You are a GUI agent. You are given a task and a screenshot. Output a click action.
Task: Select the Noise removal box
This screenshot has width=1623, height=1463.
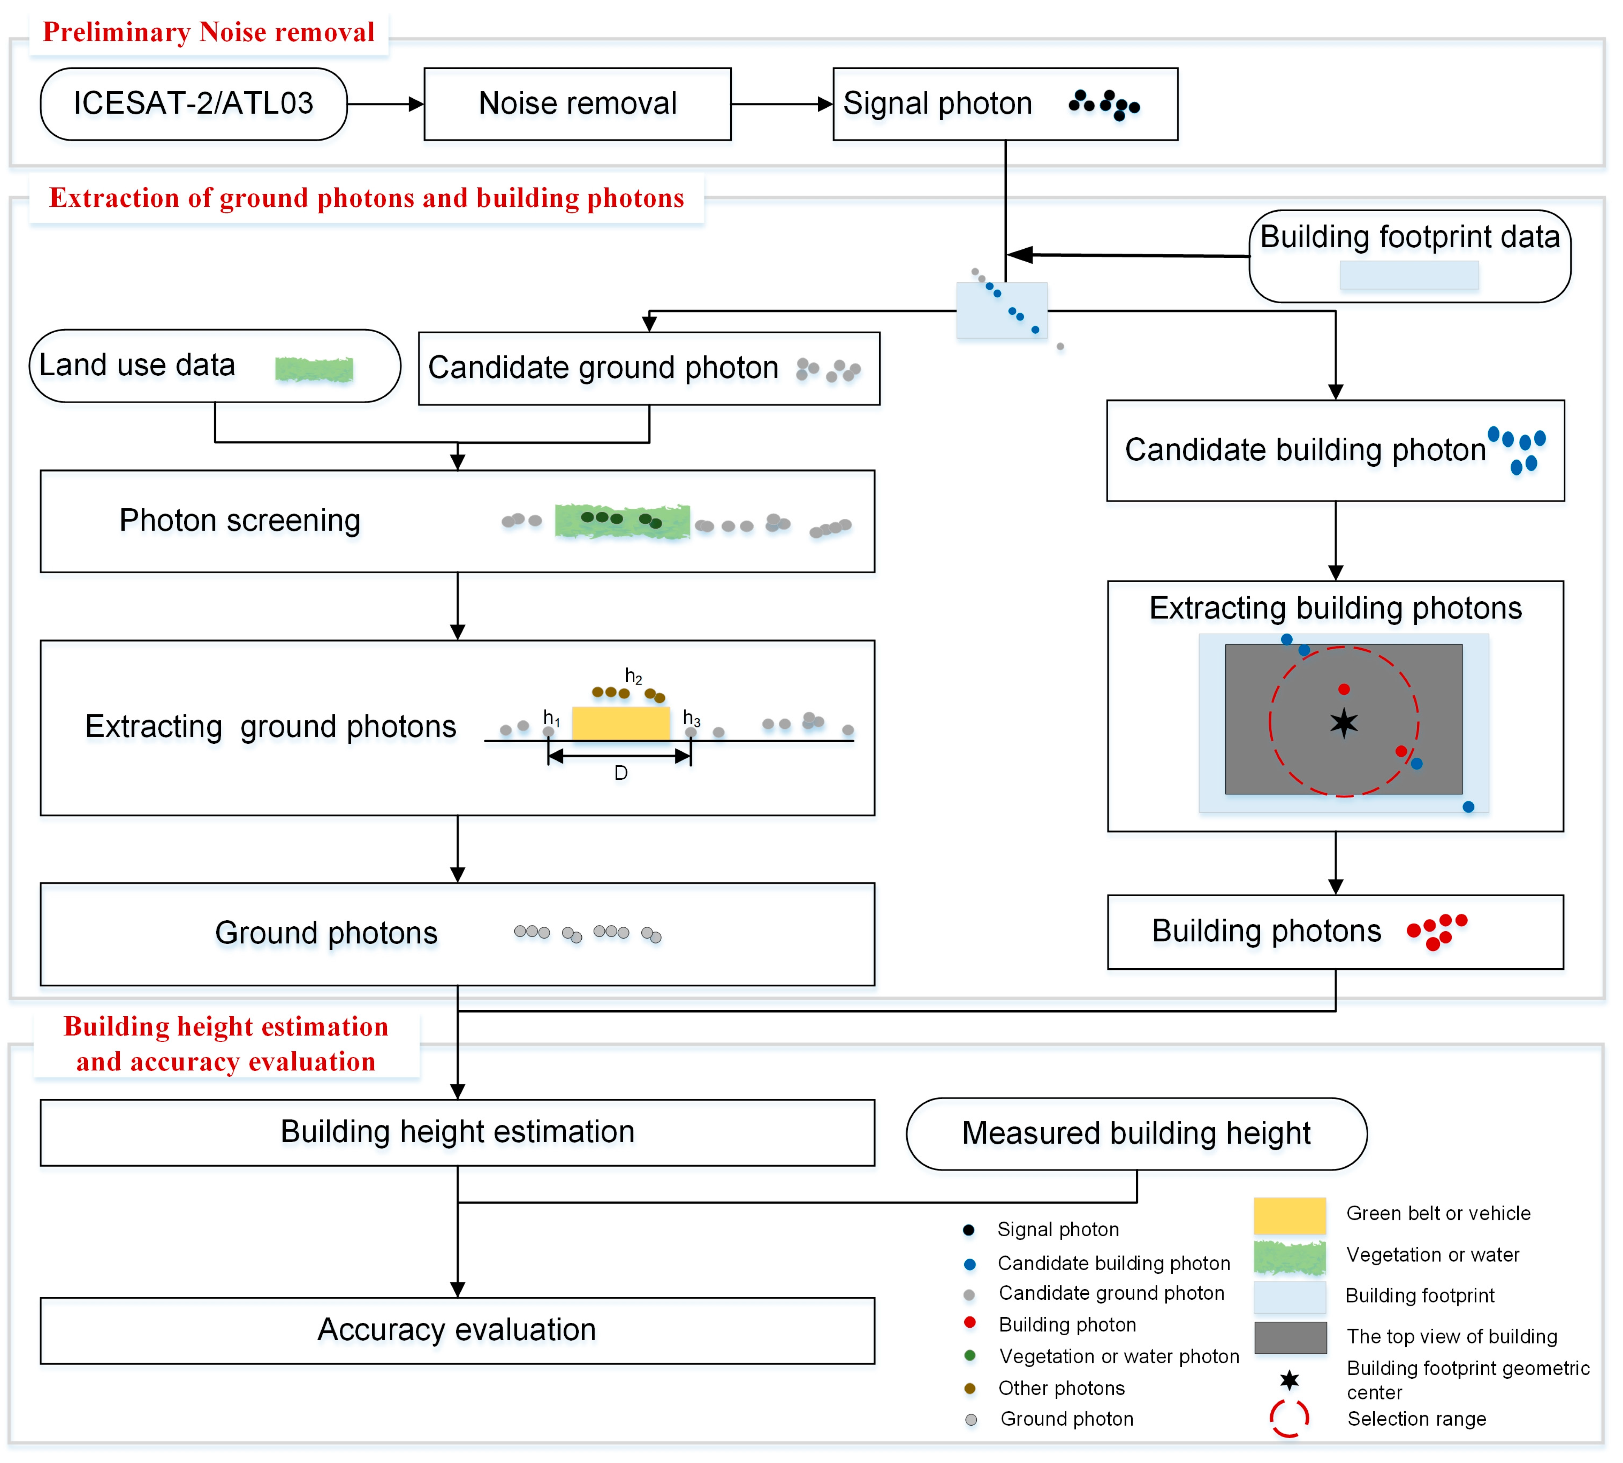coord(577,104)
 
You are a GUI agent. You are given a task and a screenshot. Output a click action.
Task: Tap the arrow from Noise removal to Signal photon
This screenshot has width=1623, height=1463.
coord(781,104)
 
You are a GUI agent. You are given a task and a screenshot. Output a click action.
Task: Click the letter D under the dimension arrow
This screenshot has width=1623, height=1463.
coord(621,773)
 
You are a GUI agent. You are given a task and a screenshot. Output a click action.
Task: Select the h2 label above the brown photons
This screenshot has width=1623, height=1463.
coord(633,676)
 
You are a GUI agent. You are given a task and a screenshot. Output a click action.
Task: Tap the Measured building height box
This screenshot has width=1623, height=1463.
coord(1136,1133)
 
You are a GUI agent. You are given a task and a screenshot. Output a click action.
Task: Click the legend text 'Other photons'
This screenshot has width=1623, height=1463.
coord(1061,1388)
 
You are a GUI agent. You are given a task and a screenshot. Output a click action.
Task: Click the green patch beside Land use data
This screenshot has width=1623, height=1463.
coord(313,369)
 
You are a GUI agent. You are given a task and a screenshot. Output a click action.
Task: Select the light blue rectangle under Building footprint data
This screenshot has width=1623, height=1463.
coord(1408,275)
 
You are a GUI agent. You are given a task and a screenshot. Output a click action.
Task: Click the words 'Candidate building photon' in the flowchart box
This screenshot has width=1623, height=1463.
coord(1305,450)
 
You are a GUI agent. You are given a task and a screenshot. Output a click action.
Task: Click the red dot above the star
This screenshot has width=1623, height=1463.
coord(1343,689)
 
